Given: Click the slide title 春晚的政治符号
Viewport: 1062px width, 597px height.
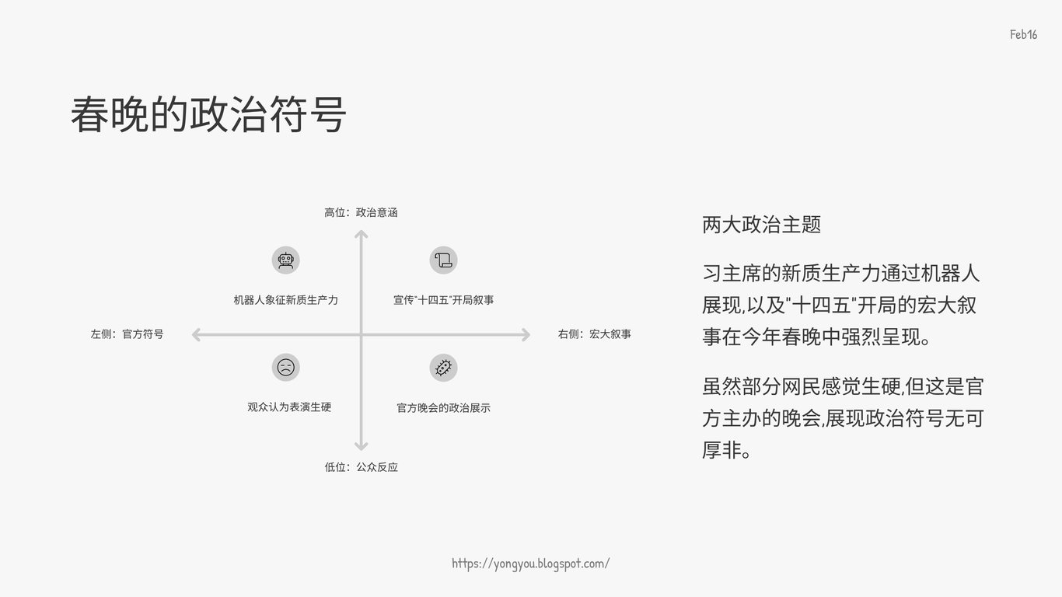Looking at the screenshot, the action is (x=208, y=115).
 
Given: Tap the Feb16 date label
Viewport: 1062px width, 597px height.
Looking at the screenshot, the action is (x=1023, y=34).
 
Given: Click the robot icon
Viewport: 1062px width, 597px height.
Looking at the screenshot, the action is (x=285, y=260).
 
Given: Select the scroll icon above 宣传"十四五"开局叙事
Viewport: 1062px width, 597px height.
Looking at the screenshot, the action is (x=443, y=260).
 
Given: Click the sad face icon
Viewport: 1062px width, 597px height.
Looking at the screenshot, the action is (x=285, y=367).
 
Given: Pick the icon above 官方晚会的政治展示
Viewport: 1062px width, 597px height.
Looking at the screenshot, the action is (x=443, y=367).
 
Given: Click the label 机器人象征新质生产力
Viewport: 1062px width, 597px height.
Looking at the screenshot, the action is (x=285, y=300).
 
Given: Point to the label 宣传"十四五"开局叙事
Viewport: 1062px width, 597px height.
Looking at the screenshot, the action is (x=443, y=300).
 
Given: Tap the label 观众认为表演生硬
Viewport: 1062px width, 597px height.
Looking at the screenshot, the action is (x=289, y=407).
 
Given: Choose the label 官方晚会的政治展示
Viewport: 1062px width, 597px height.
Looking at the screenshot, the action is (x=443, y=407).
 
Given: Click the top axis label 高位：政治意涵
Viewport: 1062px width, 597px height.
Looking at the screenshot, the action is (x=361, y=212).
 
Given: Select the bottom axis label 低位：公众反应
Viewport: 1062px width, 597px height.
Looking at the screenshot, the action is (x=361, y=467).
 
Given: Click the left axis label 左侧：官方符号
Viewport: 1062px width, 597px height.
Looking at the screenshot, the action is (x=127, y=334).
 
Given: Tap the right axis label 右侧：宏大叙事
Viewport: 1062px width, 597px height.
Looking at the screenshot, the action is (x=594, y=334).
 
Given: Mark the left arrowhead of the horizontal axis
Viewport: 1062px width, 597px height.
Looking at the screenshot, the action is (x=197, y=335).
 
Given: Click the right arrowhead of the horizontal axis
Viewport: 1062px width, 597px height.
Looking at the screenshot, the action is (x=526, y=335).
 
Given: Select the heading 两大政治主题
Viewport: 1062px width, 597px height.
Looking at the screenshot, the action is (x=761, y=225).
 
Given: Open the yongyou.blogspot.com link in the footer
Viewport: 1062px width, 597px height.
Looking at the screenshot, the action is (x=531, y=564).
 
